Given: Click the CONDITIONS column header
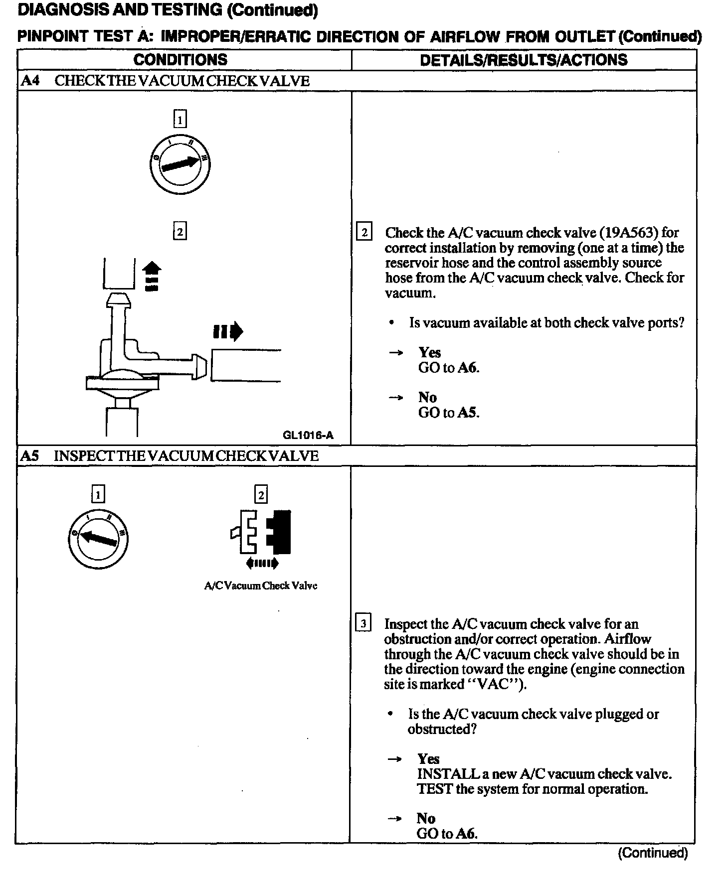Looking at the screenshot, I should pyautogui.click(x=180, y=60).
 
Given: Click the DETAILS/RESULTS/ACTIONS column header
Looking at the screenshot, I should pyautogui.click(x=524, y=60).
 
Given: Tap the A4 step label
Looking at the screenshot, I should pyautogui.click(x=31, y=81).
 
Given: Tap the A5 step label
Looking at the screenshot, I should pyautogui.click(x=30, y=456).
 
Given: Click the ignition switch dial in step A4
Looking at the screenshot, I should pyautogui.click(x=180, y=163).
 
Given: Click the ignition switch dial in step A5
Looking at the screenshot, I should pyautogui.click(x=98, y=539).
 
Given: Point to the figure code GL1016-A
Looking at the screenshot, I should pyautogui.click(x=308, y=436).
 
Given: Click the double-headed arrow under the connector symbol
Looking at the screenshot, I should pyautogui.click(x=262, y=564).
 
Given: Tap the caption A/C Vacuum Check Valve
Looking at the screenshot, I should pyautogui.click(x=261, y=586).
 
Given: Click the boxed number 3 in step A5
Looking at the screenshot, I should pyautogui.click(x=363, y=623).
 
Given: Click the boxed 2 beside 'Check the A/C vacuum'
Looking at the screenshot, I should pyautogui.click(x=364, y=233).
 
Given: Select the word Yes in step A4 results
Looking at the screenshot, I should pyautogui.click(x=429, y=353).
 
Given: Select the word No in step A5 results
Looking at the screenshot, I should pyautogui.click(x=426, y=818).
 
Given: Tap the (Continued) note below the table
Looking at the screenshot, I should pyautogui.click(x=652, y=853).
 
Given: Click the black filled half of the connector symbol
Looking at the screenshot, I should pyautogui.click(x=280, y=532).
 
